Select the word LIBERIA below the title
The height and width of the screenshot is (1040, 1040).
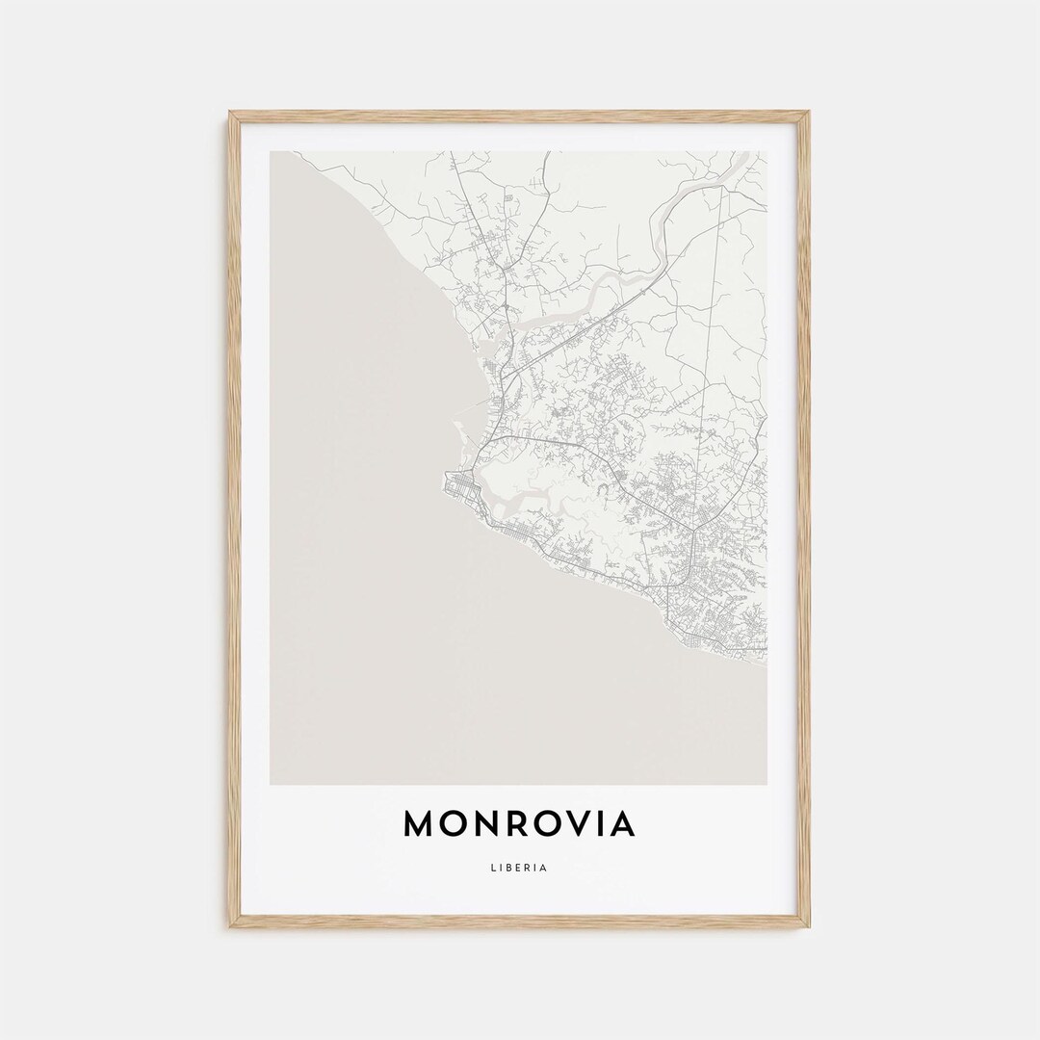(x=520, y=867)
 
